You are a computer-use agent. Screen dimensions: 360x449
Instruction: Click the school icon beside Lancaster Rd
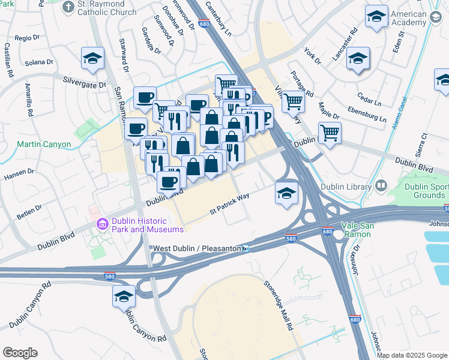pyautogui.click(x=358, y=59)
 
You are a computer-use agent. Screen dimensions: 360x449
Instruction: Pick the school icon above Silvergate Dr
pyautogui.click(x=94, y=59)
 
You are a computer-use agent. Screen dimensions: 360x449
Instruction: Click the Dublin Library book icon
pyautogui.click(x=380, y=187)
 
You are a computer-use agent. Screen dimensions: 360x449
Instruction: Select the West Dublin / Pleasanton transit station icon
pyautogui.click(x=246, y=248)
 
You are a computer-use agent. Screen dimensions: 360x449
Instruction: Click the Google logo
pyautogui.click(x=20, y=353)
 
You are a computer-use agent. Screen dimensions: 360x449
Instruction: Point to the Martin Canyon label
pyautogui.click(x=44, y=145)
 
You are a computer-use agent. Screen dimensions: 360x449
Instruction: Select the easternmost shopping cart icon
pyautogui.click(x=329, y=133)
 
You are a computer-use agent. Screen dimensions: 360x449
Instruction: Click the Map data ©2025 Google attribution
pyautogui.click(x=412, y=355)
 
